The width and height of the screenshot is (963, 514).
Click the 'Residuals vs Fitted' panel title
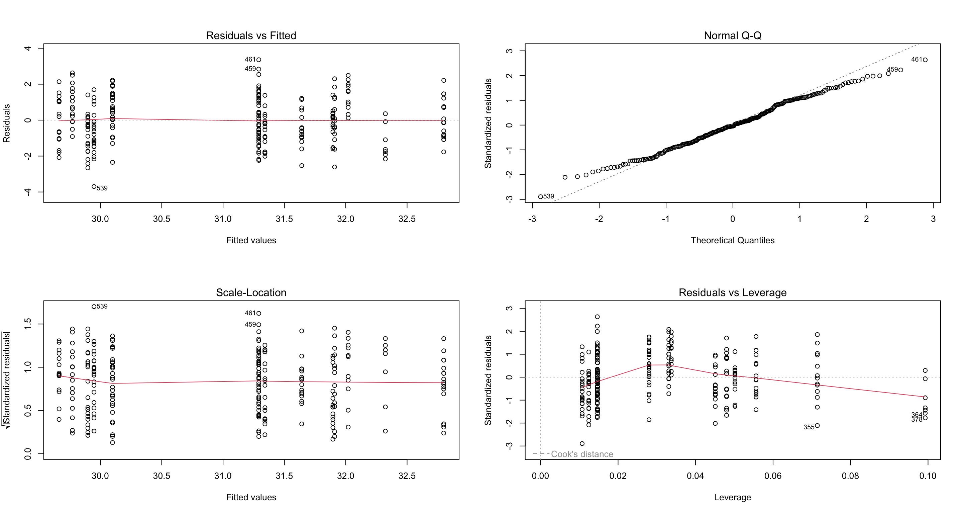(x=251, y=35)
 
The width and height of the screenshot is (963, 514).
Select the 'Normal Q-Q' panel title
(x=732, y=35)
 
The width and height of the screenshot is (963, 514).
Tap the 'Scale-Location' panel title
(x=251, y=292)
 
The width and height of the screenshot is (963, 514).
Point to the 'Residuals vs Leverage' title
(x=732, y=292)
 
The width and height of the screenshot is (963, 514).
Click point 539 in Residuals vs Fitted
(x=94, y=187)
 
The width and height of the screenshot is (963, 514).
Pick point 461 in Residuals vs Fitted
(x=259, y=60)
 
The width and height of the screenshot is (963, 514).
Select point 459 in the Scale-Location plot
(x=259, y=325)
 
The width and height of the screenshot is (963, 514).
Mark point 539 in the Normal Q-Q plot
(x=540, y=197)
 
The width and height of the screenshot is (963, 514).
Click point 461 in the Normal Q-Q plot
(x=925, y=60)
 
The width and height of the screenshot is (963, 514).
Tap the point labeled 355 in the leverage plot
(x=817, y=426)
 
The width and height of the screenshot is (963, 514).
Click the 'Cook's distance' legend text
(x=582, y=454)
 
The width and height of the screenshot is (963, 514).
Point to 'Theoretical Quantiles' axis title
(x=732, y=240)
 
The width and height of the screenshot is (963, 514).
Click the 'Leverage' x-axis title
(x=732, y=497)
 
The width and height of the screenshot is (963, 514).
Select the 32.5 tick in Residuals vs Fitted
(x=407, y=219)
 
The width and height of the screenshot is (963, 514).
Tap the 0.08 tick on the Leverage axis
(x=850, y=476)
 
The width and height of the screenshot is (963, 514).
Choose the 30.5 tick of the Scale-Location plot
(x=162, y=476)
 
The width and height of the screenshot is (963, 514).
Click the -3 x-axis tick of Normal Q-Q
(x=532, y=219)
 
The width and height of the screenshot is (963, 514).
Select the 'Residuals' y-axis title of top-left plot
(x=7, y=123)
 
